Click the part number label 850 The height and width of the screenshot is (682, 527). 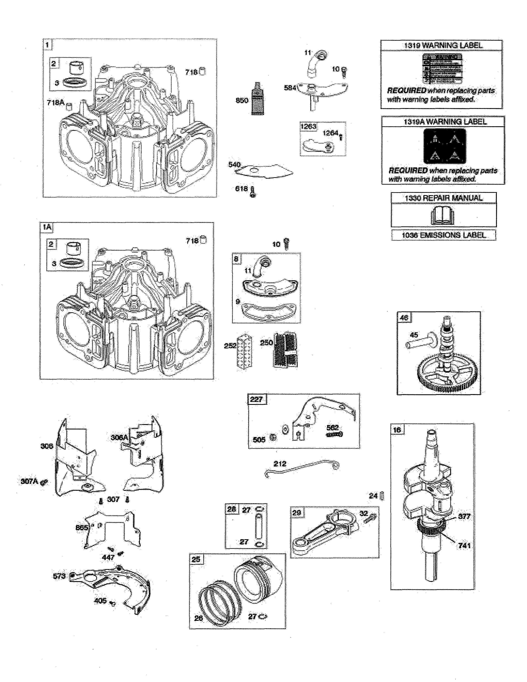[x=242, y=101]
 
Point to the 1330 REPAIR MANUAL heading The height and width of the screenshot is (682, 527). [x=443, y=198]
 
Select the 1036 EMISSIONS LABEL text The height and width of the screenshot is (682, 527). [x=443, y=235]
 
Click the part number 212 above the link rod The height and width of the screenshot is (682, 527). [x=280, y=464]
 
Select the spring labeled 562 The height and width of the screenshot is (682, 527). [x=334, y=434]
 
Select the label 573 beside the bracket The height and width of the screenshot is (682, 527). [x=59, y=576]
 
